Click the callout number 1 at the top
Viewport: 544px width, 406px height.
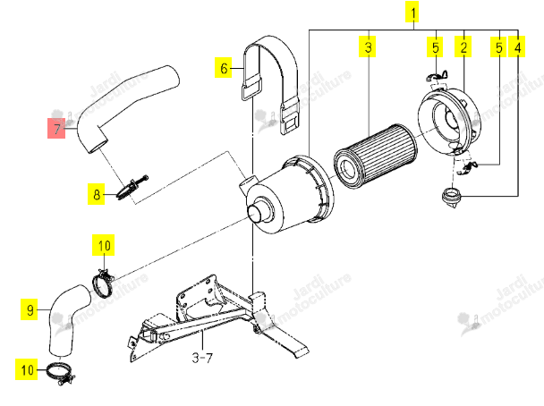[x=412, y=13]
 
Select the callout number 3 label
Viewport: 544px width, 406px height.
[x=368, y=47]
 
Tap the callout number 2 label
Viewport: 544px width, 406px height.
[x=463, y=47]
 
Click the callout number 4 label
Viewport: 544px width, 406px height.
[x=516, y=47]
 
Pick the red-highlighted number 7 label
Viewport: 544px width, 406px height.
[x=56, y=128]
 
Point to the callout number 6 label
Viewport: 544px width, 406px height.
[x=223, y=67]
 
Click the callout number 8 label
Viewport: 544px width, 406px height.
[x=96, y=194]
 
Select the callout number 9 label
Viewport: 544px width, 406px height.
[x=30, y=309]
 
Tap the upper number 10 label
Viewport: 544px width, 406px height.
[x=104, y=245]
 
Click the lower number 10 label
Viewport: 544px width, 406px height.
[x=26, y=369]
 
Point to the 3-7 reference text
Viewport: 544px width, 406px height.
[x=202, y=357]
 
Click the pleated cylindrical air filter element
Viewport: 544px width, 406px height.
[x=376, y=156]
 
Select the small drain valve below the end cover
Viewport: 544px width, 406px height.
[x=451, y=198]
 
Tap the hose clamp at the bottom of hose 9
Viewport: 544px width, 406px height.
[x=61, y=373]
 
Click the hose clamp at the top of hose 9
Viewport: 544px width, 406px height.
[x=103, y=283]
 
